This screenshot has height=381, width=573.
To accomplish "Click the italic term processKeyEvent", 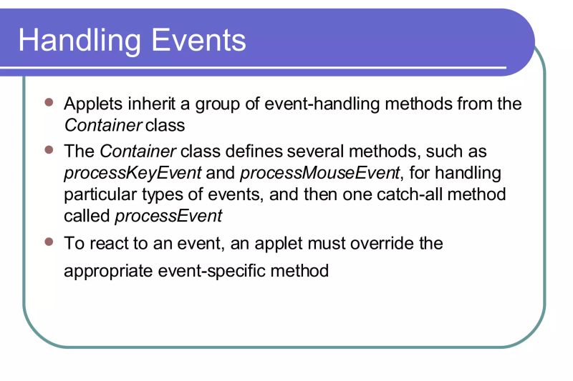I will coord(133,174).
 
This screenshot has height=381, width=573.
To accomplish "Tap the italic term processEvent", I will coord(169,216).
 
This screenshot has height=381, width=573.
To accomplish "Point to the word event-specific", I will coord(223,272).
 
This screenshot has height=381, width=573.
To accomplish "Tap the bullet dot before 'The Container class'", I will coord(49,151).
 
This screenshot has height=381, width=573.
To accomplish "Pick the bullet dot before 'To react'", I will coord(49,242).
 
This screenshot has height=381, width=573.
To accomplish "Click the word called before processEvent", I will coord(87,216).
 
